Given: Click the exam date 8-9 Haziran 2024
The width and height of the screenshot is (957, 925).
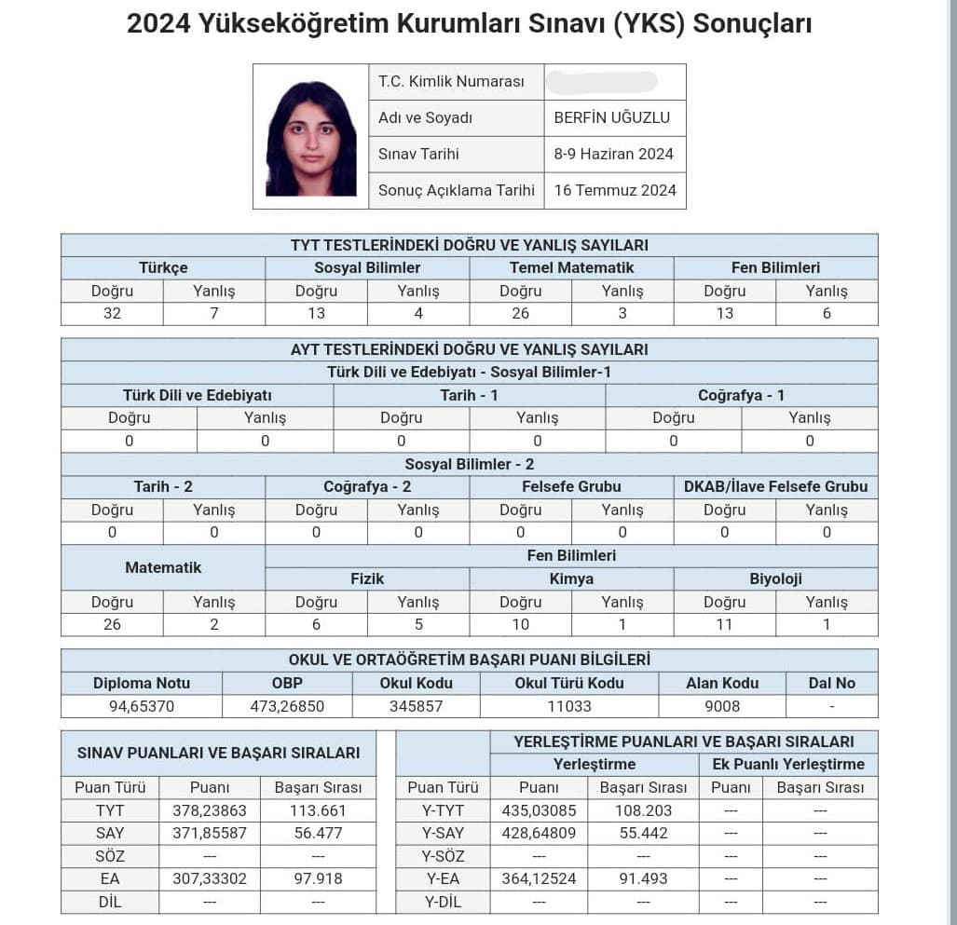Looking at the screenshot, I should coord(613,154).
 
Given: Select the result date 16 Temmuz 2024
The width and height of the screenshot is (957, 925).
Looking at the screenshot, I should coord(615,190).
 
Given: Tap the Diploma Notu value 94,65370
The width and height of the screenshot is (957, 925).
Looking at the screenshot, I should coord(142,706).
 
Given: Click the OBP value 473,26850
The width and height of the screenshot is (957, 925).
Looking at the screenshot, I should coord(287,706).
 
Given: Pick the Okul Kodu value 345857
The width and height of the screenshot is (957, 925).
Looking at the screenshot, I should coord(416,706).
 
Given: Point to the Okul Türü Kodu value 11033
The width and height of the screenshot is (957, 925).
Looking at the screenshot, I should coord(569,706).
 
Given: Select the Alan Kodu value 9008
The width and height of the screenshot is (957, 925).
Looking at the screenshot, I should coord(722,706).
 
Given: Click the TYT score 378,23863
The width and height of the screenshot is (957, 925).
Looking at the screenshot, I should coord(210,810).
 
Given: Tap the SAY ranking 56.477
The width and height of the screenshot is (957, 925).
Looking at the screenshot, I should coord(318,833).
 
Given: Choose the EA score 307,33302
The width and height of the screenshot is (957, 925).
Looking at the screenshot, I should coord(210,878).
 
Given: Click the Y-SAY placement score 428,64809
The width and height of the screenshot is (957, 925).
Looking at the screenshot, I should coord(539,833).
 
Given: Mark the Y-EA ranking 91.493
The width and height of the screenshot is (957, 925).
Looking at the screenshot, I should coord(642,878).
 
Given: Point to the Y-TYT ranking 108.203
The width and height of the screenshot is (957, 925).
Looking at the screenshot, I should coord(642,810).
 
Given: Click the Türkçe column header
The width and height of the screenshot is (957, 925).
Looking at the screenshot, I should coord(163,267).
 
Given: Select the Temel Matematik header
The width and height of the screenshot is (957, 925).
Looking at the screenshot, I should coord(571,267).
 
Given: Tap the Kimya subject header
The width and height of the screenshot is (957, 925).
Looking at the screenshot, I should coord(571,578).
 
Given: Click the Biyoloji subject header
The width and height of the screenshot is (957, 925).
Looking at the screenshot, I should coord(775,578).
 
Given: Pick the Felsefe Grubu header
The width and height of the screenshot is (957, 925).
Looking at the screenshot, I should coord(571,486).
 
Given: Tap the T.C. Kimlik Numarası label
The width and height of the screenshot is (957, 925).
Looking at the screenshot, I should coord(451,81).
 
